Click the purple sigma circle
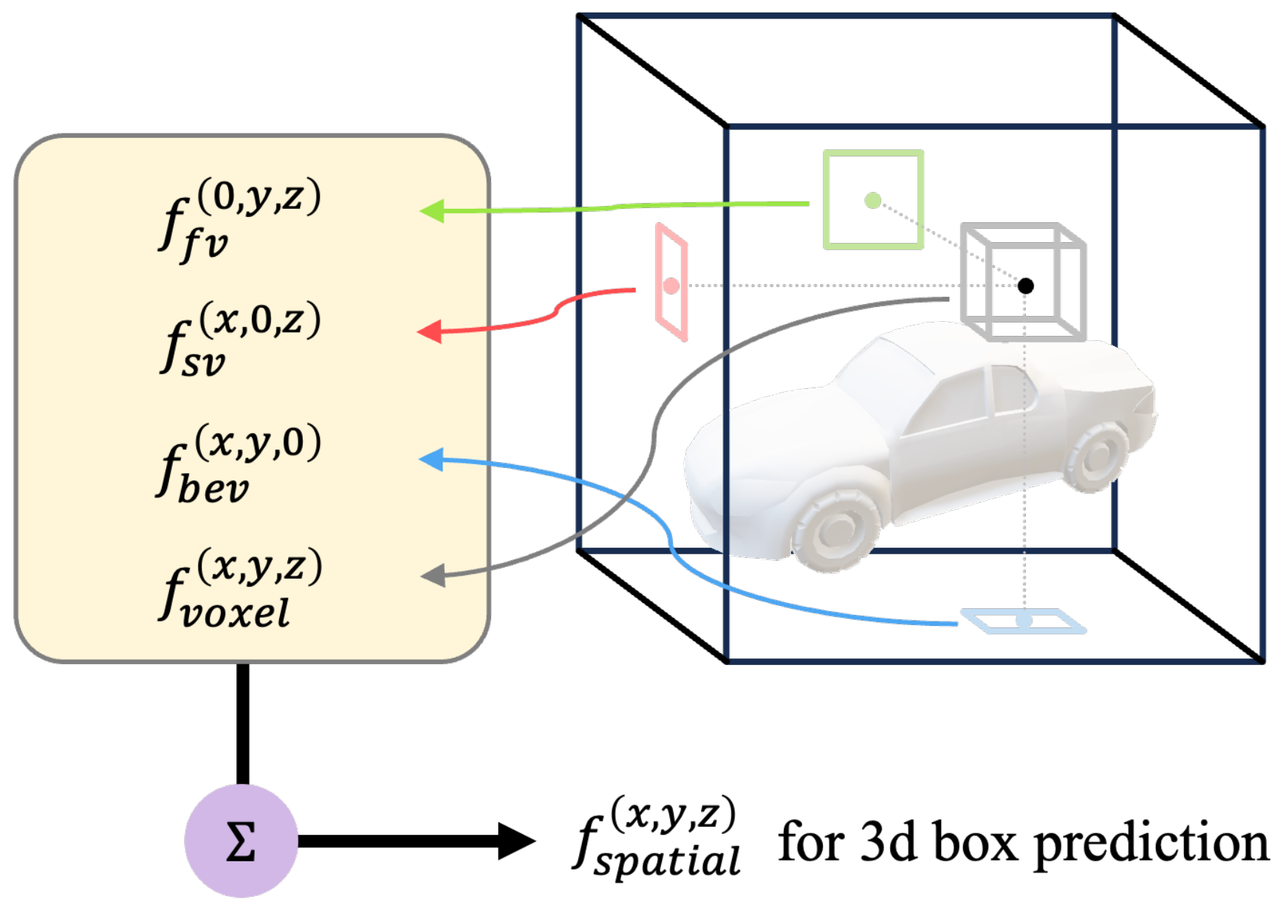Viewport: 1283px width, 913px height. click(x=241, y=841)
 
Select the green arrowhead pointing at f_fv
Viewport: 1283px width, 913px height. click(x=433, y=211)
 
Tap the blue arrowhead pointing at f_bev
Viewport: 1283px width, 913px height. click(x=432, y=459)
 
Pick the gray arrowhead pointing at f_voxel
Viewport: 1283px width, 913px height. click(x=434, y=575)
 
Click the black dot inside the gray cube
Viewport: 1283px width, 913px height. click(x=1025, y=286)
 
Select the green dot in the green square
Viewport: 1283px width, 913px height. click(x=872, y=200)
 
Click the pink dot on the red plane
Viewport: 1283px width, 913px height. click(x=671, y=286)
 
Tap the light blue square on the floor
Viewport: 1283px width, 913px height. click(x=1023, y=621)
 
